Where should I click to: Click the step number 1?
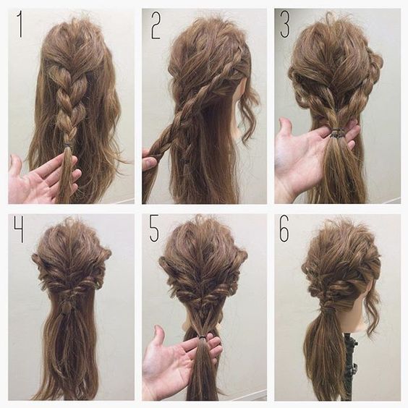[20, 24]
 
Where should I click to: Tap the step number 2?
[156, 26]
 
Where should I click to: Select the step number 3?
[285, 24]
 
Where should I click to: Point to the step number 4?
[19, 229]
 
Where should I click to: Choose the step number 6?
[284, 229]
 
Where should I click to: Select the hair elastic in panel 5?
[203, 337]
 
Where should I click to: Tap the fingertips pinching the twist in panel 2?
[149, 159]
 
